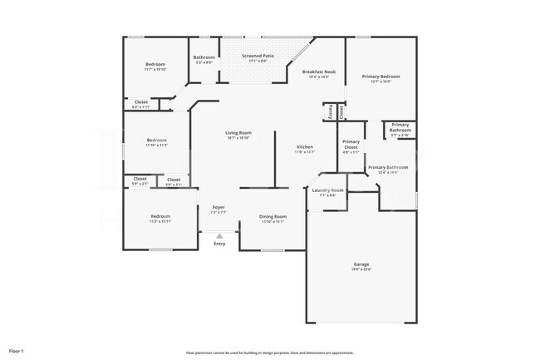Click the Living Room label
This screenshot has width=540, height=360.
point(238,133)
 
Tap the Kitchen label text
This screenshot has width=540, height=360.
point(305,147)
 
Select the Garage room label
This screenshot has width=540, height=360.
point(361,264)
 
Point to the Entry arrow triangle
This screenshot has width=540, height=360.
point(219,236)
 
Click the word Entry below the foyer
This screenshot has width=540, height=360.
point(219,244)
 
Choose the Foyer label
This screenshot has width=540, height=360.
point(218,207)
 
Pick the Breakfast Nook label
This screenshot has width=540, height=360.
point(318,72)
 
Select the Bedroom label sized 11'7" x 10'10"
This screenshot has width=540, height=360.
point(155,64)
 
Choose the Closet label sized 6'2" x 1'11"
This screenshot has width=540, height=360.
point(141,102)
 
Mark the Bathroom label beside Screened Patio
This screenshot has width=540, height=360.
point(204,57)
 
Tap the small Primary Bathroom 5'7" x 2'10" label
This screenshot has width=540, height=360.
point(400,127)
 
